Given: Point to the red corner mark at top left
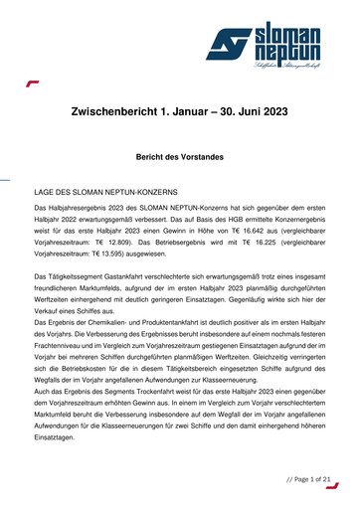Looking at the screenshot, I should point(33,84).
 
